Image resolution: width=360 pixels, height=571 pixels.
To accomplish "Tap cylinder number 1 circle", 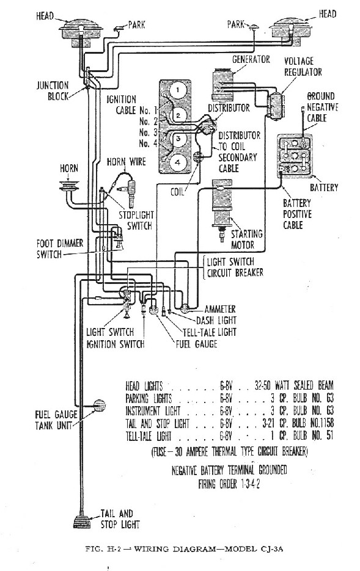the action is tap(177, 90).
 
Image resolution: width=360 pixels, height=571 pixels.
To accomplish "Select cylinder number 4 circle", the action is tap(177, 163).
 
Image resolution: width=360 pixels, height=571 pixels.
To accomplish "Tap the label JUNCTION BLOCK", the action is tap(53, 91).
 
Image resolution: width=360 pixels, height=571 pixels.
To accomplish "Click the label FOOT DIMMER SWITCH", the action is tap(60, 249).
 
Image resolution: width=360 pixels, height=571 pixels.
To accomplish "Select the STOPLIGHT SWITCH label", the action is tap(136, 220).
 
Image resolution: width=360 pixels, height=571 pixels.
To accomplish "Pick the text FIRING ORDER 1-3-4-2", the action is tap(229, 484).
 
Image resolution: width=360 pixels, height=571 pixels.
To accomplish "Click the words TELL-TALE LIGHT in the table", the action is tap(149, 436).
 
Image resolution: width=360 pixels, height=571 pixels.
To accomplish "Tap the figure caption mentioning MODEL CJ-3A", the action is tap(184, 549).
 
